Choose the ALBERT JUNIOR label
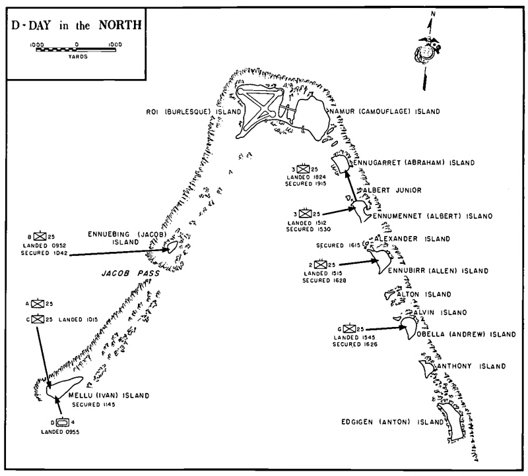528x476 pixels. [392, 190]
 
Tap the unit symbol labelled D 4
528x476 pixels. [63, 422]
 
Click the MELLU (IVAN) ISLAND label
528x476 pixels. [109, 396]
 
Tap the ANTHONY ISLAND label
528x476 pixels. [469, 366]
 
